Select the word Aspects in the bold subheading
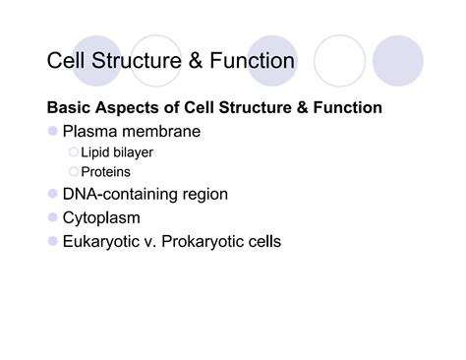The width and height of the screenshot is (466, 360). (x=129, y=107)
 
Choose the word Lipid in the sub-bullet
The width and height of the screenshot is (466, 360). (x=95, y=152)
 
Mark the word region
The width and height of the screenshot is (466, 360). (x=204, y=195)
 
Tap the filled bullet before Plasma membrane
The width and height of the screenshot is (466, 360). (x=52, y=131)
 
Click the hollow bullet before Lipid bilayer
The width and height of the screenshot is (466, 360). (x=73, y=152)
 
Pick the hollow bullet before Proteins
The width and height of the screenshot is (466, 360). (x=73, y=172)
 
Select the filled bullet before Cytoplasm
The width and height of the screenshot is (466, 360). (x=52, y=217)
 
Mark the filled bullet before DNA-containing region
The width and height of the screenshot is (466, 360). (x=52, y=195)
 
